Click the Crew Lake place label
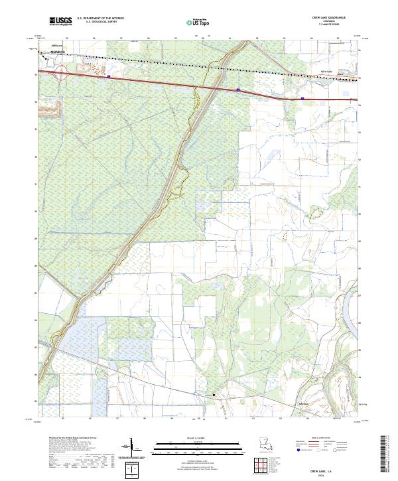pyautogui.click(x=326, y=72)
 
